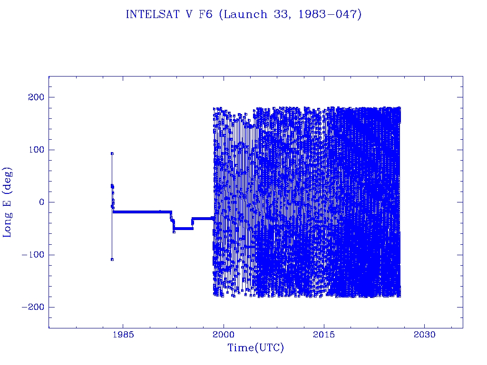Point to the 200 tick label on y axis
point(34,97)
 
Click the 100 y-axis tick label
point(34,150)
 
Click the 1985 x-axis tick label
point(123,336)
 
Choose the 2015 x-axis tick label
point(324,336)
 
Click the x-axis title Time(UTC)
point(256,348)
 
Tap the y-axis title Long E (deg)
point(8,202)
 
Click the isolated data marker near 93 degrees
point(112,154)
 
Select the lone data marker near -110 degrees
point(112,259)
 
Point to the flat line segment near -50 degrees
point(183,229)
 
